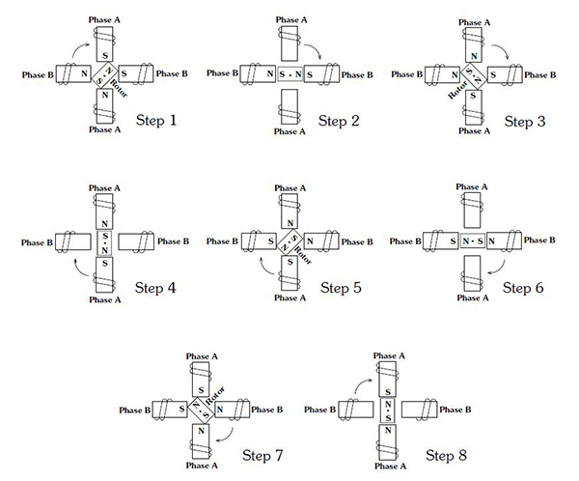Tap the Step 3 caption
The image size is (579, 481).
pos(526,124)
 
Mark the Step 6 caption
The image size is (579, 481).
pos(526,287)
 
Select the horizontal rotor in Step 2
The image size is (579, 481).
pos(289,74)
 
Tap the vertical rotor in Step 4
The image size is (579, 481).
pos(103,239)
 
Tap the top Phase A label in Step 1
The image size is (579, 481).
pos(102,20)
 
